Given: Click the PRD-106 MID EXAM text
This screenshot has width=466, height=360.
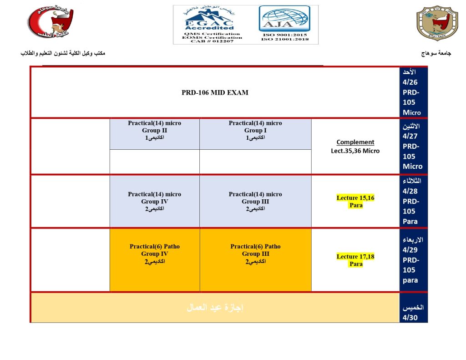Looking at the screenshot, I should tap(215, 93).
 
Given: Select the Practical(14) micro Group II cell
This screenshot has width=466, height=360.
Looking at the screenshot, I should tap(154, 131).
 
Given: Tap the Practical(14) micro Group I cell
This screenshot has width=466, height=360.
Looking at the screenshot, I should tap(255, 131).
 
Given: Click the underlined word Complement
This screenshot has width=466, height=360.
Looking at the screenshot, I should tap(355, 142).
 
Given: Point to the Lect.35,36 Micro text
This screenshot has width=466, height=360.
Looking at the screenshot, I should tap(355, 151).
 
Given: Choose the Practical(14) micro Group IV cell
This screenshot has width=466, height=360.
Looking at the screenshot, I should tap(154, 201).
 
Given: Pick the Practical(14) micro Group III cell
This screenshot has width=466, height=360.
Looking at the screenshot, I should tap(255, 201).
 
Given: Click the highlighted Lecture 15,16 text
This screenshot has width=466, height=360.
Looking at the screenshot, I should tap(355, 198).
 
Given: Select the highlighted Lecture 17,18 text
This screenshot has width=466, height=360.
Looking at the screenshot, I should tap(355, 257).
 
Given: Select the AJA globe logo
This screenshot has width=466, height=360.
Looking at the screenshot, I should tap(284, 19).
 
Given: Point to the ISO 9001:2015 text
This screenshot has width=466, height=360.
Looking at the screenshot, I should tap(285, 35).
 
